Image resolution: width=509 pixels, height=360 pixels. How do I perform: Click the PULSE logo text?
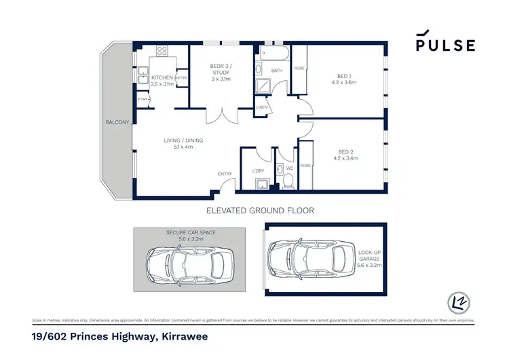[x=445, y=46]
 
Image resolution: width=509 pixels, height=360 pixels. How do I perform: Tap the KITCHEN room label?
[x=163, y=78]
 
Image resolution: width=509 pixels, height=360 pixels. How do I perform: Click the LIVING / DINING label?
[x=183, y=141]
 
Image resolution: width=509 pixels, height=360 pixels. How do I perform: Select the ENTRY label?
[x=225, y=174]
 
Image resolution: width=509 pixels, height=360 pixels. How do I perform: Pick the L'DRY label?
[x=258, y=170]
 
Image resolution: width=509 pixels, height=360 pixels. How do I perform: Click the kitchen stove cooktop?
[x=163, y=51]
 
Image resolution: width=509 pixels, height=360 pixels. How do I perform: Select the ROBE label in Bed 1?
[x=299, y=68]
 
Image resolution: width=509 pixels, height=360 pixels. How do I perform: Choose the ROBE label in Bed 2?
[x=305, y=165]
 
